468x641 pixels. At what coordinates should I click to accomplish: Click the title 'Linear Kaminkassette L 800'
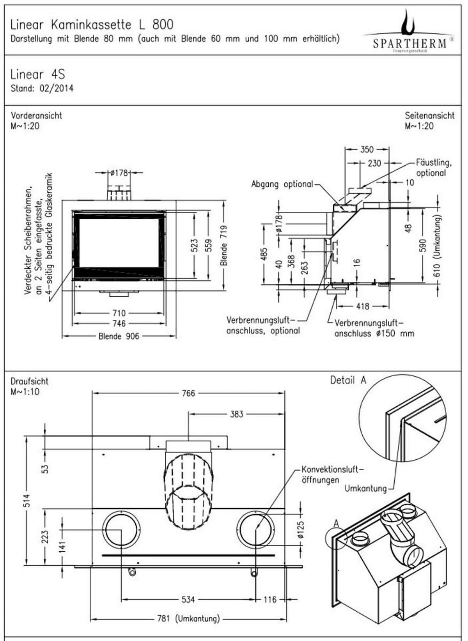(x=92, y=25)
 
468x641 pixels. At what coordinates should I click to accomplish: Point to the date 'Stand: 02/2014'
(x=42, y=88)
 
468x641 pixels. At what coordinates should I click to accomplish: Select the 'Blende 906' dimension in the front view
(x=119, y=336)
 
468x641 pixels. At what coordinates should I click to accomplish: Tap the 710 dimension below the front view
(x=119, y=313)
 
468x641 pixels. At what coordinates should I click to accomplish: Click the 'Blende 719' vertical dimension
(x=224, y=246)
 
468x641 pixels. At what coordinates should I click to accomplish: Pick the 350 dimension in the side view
(x=367, y=149)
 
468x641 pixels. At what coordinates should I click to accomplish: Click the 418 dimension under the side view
(x=362, y=306)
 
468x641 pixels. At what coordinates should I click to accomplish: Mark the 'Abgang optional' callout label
(x=282, y=184)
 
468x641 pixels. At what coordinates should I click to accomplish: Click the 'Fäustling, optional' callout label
(x=433, y=167)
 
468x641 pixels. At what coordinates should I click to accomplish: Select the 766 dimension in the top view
(x=188, y=393)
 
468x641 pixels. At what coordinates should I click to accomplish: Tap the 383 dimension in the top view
(x=236, y=414)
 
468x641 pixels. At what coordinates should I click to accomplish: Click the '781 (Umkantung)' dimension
(x=189, y=618)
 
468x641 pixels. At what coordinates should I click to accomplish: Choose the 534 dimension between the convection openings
(x=188, y=599)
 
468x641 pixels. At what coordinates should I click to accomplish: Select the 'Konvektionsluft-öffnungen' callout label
(x=331, y=475)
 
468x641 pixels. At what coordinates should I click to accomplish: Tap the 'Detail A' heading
(x=348, y=380)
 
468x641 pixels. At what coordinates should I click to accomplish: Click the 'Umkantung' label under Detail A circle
(x=365, y=489)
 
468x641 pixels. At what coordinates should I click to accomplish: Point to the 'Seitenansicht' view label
(x=429, y=115)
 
